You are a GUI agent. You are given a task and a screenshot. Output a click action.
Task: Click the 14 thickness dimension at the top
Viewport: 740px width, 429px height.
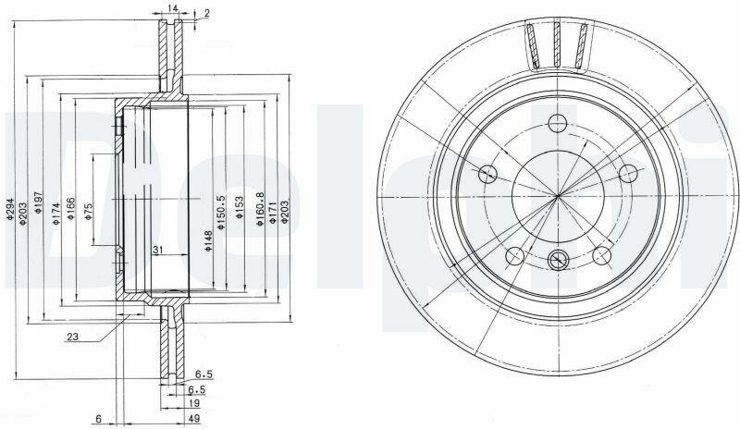point(172,7)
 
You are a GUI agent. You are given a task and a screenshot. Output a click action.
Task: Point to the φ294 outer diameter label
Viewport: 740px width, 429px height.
point(9,209)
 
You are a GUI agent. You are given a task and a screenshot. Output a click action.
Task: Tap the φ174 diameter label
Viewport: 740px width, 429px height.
point(56,214)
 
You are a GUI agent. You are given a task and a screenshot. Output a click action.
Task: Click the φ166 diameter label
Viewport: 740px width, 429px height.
point(71,209)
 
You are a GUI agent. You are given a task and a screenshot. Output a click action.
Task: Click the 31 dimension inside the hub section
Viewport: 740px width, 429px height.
point(157,249)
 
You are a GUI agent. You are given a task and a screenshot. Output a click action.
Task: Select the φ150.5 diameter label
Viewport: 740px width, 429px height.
point(221,213)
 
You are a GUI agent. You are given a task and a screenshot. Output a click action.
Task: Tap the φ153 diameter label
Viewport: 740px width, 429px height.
point(239,207)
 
